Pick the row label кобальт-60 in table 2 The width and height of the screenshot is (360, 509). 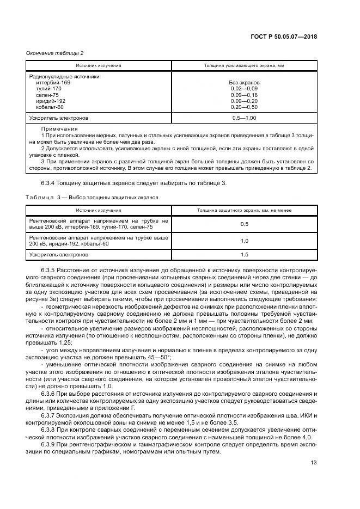(x=50, y=107)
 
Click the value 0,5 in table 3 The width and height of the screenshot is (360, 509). (x=244, y=224)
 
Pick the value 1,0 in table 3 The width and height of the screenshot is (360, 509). (x=244, y=241)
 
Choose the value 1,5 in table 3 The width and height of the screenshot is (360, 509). (x=244, y=254)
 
